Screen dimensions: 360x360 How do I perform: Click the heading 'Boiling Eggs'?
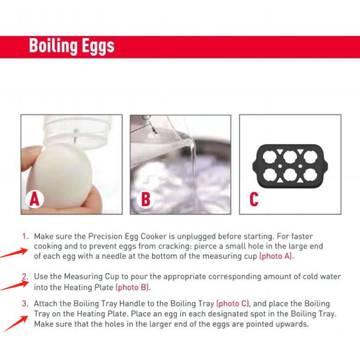[x=72, y=46]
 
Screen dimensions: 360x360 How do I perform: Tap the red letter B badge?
[x=145, y=198]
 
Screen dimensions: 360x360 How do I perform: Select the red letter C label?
[x=254, y=198]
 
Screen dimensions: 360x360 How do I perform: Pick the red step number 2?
[x=25, y=276]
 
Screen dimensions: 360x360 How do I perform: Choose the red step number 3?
[x=25, y=304]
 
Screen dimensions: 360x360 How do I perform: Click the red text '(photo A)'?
[x=276, y=256]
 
